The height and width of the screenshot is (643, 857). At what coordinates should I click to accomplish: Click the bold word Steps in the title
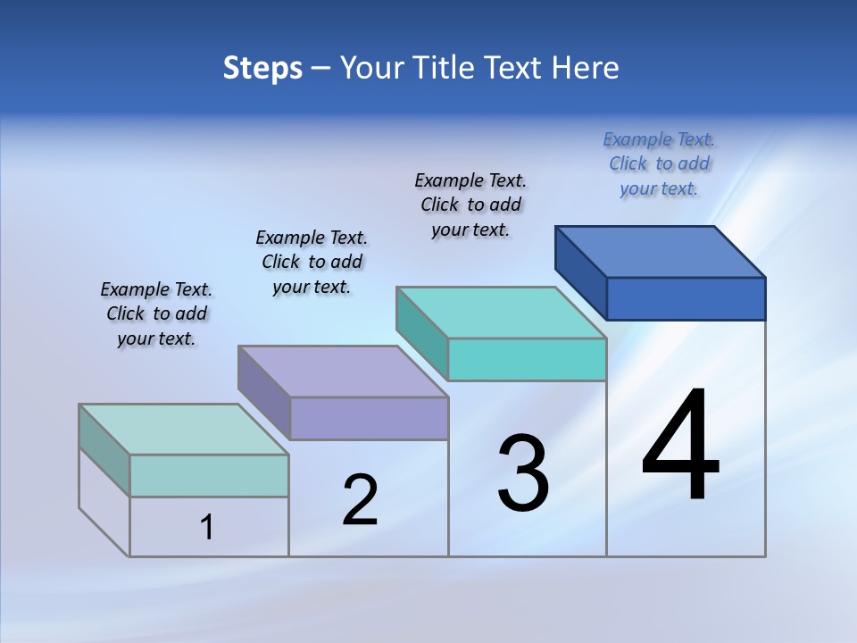point(262,69)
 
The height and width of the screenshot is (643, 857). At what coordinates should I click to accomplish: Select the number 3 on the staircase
point(523,473)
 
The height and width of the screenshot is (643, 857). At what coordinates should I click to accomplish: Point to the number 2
point(360,500)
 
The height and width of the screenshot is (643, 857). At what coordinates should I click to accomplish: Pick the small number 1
point(207,528)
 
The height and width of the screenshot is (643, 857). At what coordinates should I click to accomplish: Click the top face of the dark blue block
point(661,251)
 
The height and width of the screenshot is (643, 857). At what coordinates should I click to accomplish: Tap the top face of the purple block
point(343,372)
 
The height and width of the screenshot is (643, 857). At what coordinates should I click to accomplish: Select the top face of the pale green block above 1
point(184,430)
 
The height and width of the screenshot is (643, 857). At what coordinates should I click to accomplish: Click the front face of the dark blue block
point(686,298)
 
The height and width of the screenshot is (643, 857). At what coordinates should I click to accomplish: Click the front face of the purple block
point(369,418)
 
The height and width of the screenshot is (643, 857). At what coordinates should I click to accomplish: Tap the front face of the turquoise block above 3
point(527,359)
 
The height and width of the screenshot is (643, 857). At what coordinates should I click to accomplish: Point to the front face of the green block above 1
point(209,475)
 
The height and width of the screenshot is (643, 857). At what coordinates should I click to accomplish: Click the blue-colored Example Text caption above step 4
point(659,164)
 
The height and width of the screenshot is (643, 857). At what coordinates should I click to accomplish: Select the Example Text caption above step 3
point(470,205)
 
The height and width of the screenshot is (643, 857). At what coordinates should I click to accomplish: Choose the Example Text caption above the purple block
point(312,262)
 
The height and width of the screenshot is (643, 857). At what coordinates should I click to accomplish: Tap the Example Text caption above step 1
point(156,313)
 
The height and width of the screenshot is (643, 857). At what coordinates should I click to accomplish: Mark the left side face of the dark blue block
point(581,272)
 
